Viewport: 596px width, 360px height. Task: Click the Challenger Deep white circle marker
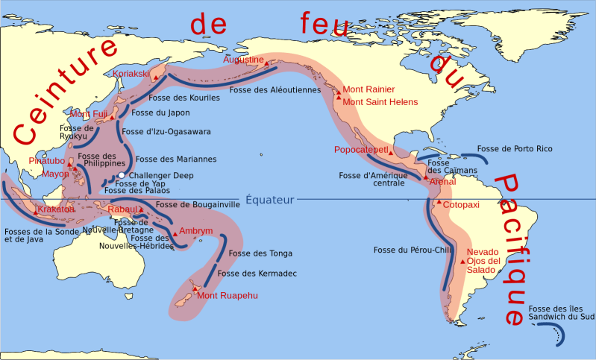click(121, 175)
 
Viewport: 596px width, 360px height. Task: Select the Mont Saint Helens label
click(380, 101)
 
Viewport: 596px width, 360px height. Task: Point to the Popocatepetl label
click(361, 150)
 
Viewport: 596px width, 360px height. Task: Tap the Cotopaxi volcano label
click(460, 204)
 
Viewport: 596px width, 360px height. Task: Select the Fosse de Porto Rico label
click(515, 149)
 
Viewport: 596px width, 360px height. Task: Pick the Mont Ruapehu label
click(228, 295)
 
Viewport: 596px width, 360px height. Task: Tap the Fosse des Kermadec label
click(257, 274)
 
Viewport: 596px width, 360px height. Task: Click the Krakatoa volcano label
click(56, 209)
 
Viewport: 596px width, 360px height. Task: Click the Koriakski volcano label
click(131, 73)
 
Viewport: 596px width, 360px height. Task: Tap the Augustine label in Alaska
click(244, 59)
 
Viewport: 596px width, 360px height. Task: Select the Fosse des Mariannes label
click(176, 159)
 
